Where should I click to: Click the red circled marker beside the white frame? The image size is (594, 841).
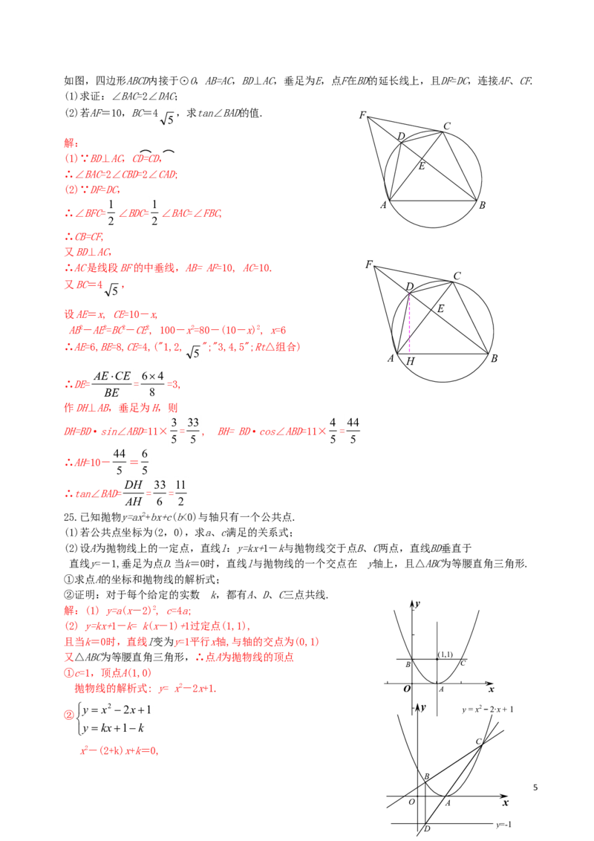click(67, 715)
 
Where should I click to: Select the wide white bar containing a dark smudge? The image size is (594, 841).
click(433, 386)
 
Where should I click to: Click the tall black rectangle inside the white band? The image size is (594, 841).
click(333, 432)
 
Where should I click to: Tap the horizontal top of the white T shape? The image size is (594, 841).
click(131, 366)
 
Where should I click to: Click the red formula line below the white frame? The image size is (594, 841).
click(119, 752)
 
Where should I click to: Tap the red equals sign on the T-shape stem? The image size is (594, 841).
click(136, 384)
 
